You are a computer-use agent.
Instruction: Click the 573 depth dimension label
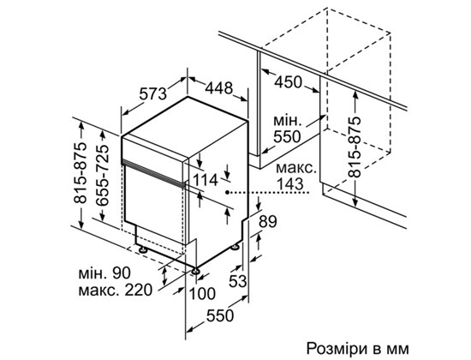tap(153, 93)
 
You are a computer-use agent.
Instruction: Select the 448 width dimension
tap(219, 87)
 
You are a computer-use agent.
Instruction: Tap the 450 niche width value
tap(288, 81)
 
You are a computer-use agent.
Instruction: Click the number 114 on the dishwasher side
tap(206, 180)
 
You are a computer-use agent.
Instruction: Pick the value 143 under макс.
tap(290, 184)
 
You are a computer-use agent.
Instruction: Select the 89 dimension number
tap(268, 222)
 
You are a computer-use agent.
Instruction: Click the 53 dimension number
tap(237, 281)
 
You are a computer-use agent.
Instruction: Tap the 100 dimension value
tap(202, 294)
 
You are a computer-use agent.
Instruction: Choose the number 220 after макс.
tap(138, 291)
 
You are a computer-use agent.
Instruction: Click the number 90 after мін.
tap(122, 273)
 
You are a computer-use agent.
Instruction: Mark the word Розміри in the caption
tap(337, 349)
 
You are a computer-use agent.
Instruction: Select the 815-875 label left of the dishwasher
tap(80, 172)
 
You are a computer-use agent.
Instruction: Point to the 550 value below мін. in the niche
tap(287, 137)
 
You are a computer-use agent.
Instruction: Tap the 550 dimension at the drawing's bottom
tap(219, 315)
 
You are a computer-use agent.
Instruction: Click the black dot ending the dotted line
tap(229, 192)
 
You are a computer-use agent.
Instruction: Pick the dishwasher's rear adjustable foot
tap(235, 247)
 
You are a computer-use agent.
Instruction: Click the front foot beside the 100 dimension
tap(196, 271)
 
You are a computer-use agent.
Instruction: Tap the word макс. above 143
tap(296, 168)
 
